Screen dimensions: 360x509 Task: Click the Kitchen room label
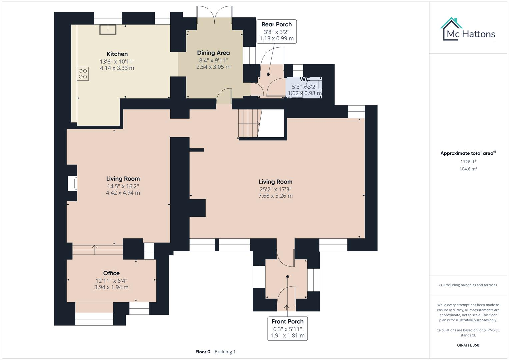coord(117,54)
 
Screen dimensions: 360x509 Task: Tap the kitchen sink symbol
coord(108,29)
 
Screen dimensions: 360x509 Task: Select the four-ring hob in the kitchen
coord(83,74)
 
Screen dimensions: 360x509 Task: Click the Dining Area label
coord(213,53)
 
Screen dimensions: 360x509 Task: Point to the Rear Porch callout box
coord(276,31)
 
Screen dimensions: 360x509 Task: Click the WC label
coord(305,79)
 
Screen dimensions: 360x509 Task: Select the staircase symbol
coord(249,124)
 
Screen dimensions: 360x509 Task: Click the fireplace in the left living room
coord(72,183)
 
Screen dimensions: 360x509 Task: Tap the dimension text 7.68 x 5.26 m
coord(275,196)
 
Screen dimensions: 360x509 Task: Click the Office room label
coord(111,273)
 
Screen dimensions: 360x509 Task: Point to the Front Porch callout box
coord(287,328)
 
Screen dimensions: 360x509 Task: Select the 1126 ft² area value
coord(468,162)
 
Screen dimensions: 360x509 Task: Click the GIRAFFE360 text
coord(468,345)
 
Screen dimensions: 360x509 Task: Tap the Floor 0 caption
coord(203,352)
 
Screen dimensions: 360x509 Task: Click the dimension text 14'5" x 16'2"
coord(123,186)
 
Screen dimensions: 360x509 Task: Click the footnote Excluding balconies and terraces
coord(468,285)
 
